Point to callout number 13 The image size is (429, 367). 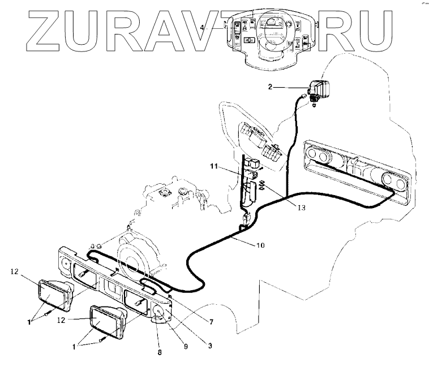(301, 208)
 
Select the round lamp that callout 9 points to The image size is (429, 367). (160, 314)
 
